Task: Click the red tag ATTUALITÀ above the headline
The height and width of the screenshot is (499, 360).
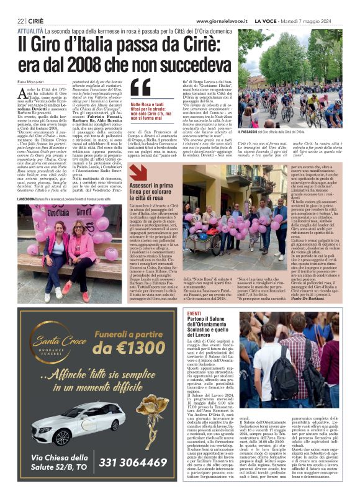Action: point(30,30)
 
